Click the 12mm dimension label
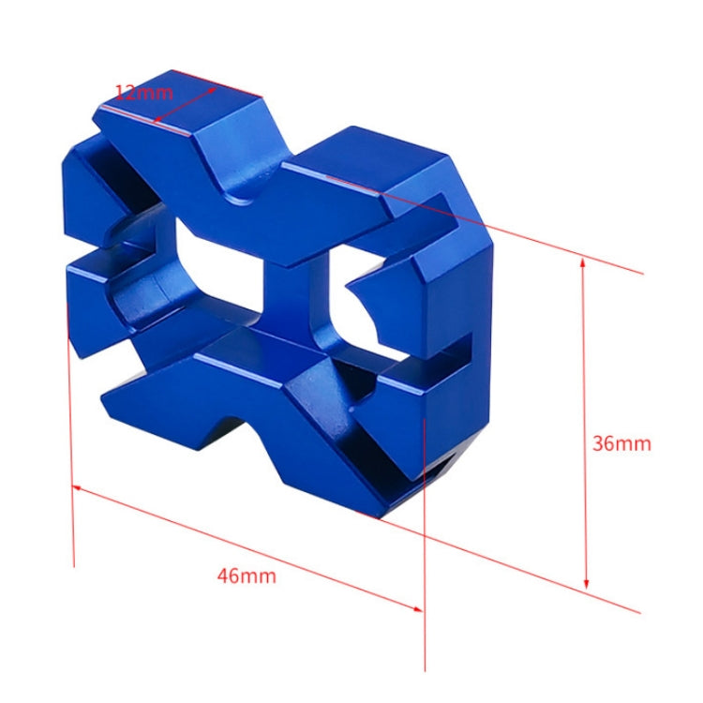coord(144,93)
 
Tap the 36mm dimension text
coord(621,443)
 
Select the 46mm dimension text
coord(247,576)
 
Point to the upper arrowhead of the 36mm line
coord(583,262)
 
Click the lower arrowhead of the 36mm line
coord(586,584)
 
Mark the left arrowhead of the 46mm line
coord(77,487)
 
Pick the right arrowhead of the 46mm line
coord(417,609)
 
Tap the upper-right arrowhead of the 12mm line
coord(212,90)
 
